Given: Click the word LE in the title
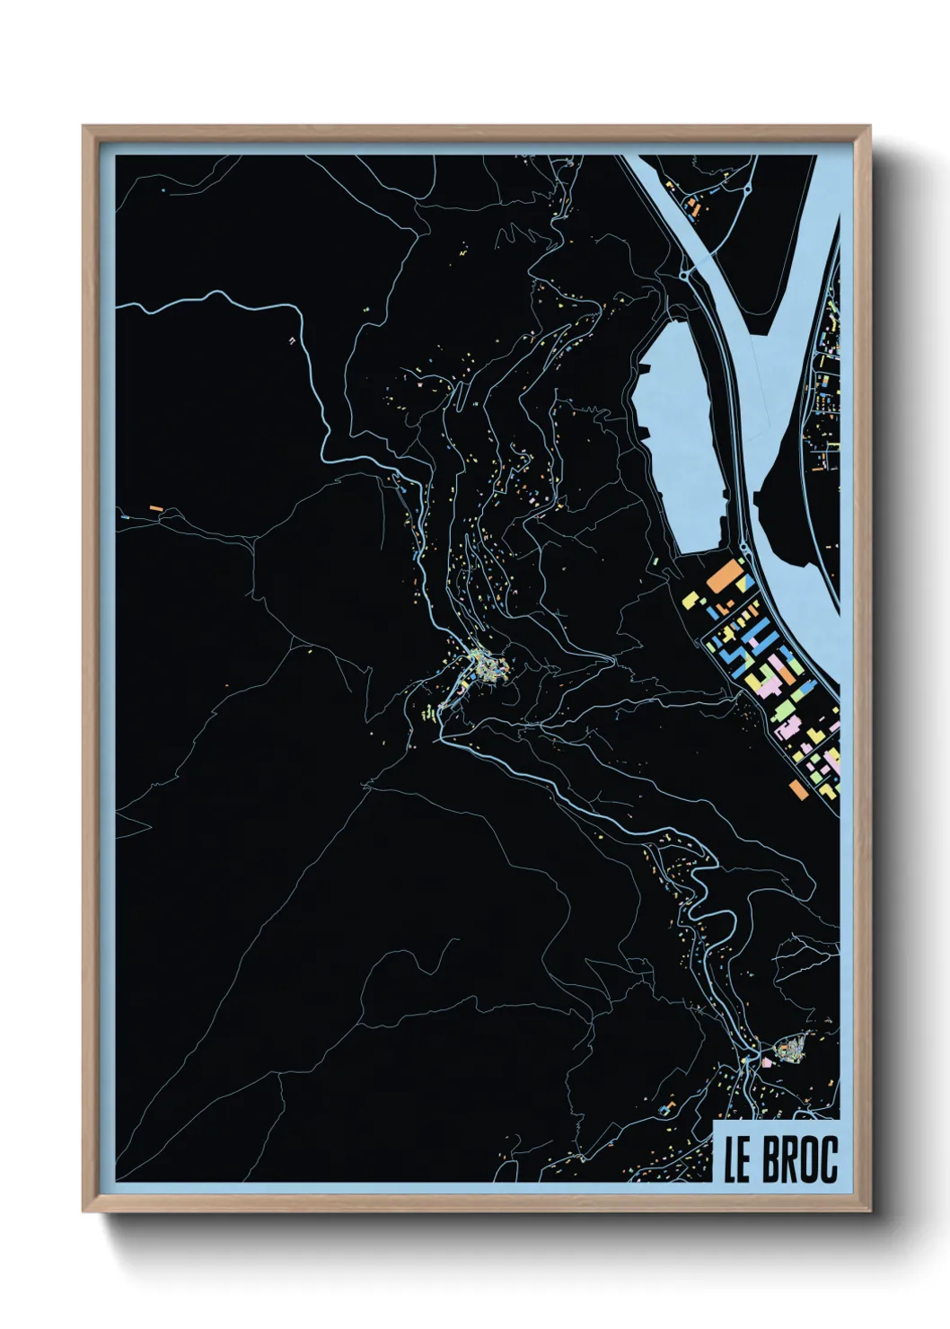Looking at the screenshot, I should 737,1159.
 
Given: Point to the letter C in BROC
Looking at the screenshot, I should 827,1159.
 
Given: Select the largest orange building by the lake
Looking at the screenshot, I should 726,575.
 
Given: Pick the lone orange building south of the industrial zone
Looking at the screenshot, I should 797,788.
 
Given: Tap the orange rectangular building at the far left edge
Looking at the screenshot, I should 156,508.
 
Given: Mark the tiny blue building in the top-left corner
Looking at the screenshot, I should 163,190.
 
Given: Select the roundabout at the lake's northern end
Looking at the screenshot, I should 686,270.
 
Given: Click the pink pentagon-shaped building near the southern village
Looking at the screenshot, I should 767,1061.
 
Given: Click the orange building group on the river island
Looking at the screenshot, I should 693,207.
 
